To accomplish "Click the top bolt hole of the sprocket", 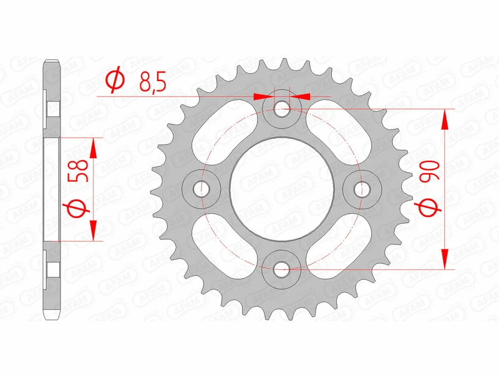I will pos(282,108).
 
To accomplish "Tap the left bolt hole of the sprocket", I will pos(200,188).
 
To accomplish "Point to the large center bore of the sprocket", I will pos(282,189).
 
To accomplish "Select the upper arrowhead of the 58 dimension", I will pos(93,148).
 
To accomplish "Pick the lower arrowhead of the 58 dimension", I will pos(93,231).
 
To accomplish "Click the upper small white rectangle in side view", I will pos(54,108).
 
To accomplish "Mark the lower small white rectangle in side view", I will pos(54,269).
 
